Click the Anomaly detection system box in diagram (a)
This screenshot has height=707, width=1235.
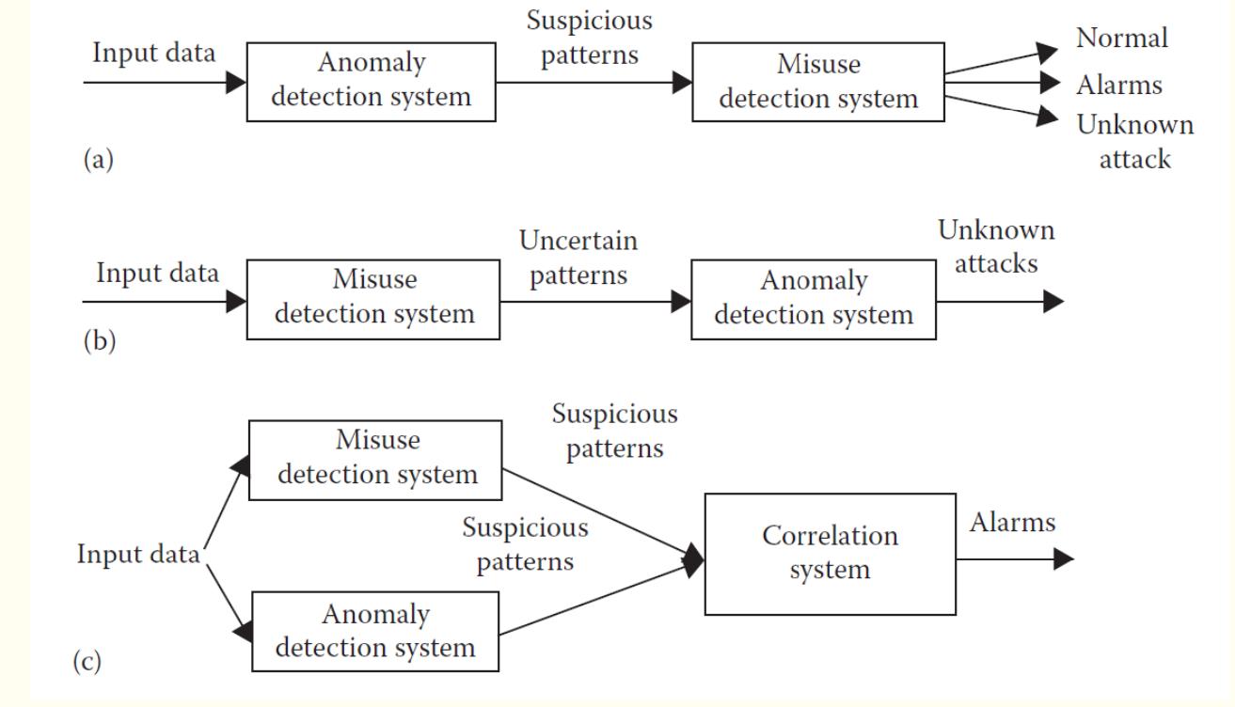(x=371, y=81)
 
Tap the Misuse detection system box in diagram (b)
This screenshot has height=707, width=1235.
(x=373, y=299)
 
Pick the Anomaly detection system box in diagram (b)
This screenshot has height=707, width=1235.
(x=814, y=299)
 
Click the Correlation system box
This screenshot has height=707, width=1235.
(x=830, y=553)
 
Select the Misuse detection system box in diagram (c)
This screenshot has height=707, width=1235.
(x=376, y=459)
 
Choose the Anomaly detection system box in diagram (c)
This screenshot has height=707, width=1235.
(x=376, y=631)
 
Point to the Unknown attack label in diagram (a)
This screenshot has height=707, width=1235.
(x=1135, y=141)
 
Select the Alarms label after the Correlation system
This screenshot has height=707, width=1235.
(x=1011, y=524)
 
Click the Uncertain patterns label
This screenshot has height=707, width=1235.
(x=578, y=258)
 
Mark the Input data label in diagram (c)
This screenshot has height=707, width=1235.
(x=139, y=554)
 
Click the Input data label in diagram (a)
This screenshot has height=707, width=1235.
(x=153, y=53)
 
